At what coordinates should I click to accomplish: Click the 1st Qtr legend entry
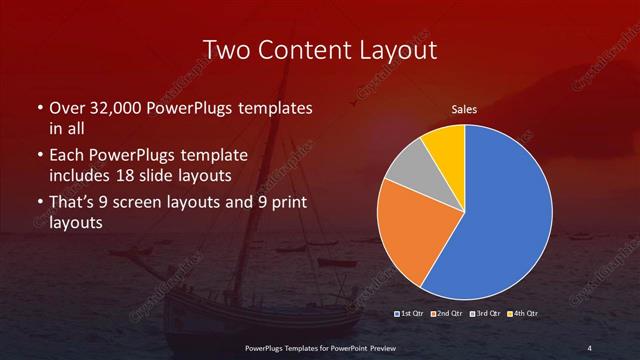pyautogui.click(x=413, y=314)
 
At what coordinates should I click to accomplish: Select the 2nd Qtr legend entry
pyautogui.click(x=447, y=314)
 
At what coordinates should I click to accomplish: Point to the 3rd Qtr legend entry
pyautogui.click(x=483, y=314)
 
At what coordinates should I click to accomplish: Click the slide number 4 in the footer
pyautogui.click(x=589, y=347)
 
